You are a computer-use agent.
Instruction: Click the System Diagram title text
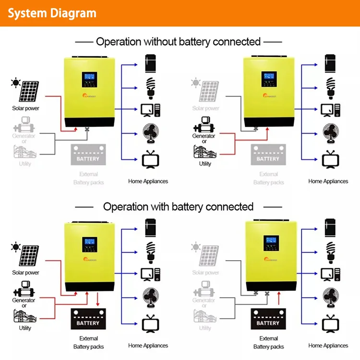tap(52, 13)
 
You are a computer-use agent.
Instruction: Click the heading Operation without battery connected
tap(178, 42)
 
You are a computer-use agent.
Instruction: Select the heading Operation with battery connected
tap(178, 207)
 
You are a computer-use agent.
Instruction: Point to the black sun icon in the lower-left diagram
tap(16, 248)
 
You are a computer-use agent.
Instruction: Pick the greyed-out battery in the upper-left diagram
tap(87, 155)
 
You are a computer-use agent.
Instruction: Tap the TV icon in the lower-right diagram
tap(330, 323)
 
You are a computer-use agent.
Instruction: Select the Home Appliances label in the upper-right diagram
tap(328, 181)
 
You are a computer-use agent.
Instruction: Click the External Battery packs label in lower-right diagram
tap(268, 342)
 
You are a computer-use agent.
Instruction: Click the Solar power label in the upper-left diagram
tap(25, 108)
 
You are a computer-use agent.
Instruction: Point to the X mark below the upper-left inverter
tap(87, 129)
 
